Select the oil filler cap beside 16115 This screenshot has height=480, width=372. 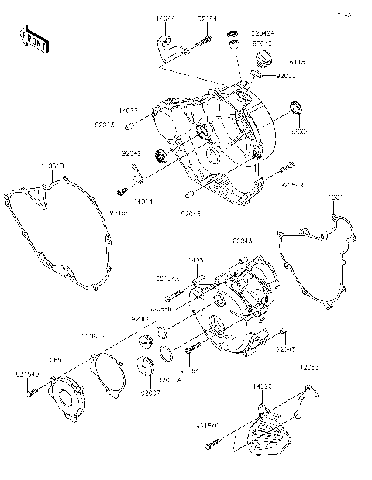(264, 60)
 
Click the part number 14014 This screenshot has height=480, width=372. (142, 201)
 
